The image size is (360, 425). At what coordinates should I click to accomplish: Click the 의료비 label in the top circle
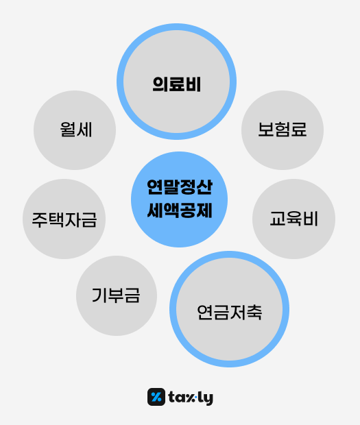(176, 84)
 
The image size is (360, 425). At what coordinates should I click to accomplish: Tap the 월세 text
(76, 130)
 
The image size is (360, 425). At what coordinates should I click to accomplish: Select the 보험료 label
(283, 130)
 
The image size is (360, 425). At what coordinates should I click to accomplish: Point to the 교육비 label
(293, 219)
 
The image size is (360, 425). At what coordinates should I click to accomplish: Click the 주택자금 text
(64, 219)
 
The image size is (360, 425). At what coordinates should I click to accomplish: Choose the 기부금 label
(116, 295)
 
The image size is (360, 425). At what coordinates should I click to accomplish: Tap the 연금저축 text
(229, 313)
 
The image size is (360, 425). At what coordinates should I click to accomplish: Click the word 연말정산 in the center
(180, 187)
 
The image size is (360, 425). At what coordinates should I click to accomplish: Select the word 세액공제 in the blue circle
(180, 210)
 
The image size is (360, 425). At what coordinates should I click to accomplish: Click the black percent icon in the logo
(156, 397)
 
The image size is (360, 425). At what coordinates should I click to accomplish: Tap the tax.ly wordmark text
(191, 398)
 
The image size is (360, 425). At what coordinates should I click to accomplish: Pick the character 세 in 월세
(84, 130)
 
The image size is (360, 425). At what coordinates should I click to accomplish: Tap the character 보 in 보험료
(265, 130)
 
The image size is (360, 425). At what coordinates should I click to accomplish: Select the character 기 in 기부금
(99, 295)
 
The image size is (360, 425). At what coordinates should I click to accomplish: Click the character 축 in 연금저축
(254, 313)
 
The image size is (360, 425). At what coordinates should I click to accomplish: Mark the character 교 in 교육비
(278, 219)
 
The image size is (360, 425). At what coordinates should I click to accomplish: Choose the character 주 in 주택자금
(40, 219)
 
